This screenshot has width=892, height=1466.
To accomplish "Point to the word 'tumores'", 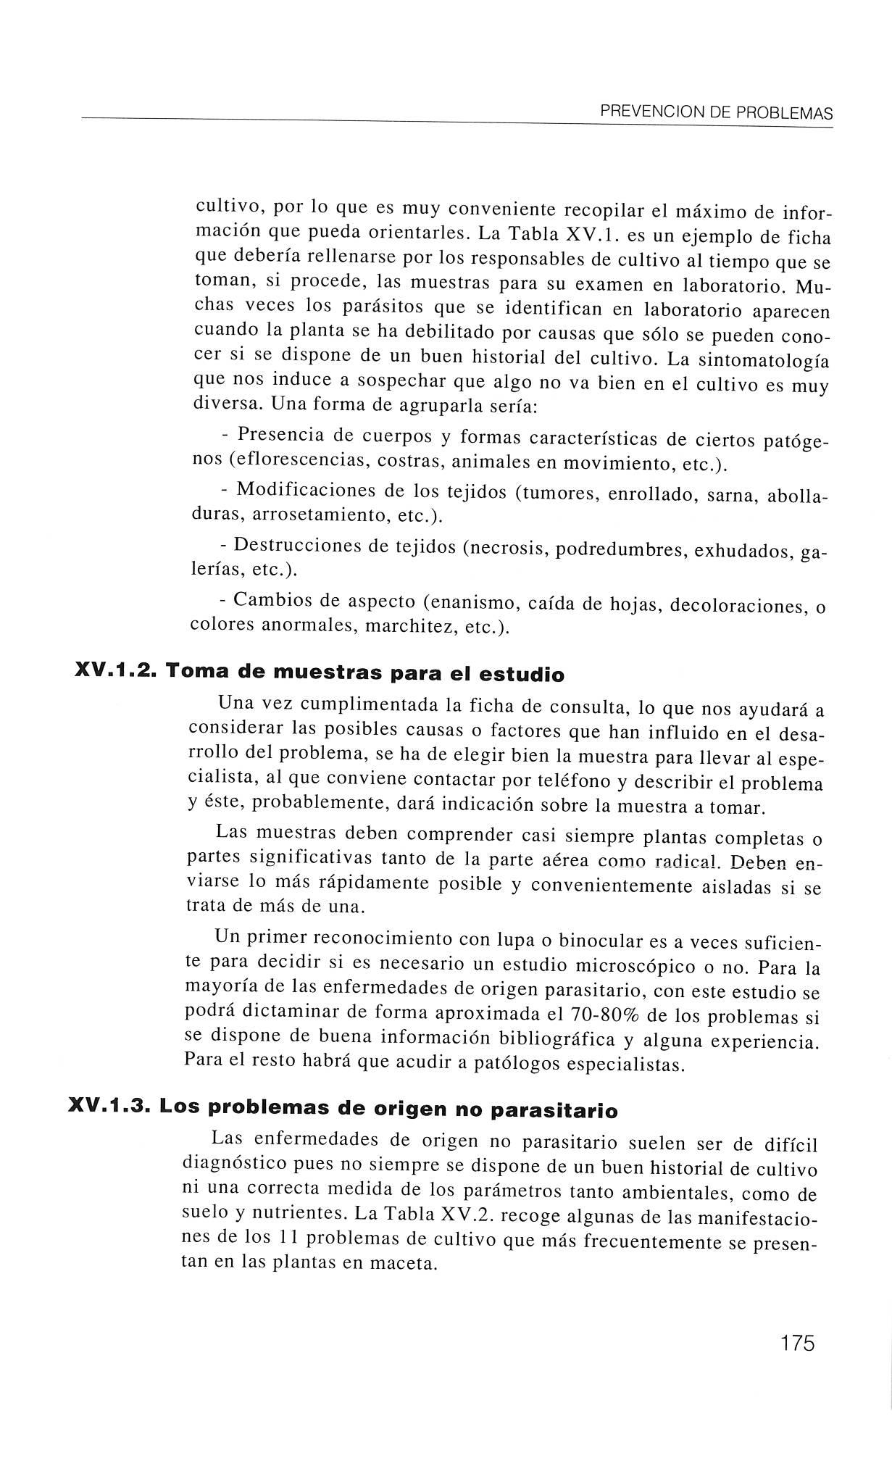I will tap(560, 492).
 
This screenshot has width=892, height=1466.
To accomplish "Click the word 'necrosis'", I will tap(510, 549).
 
